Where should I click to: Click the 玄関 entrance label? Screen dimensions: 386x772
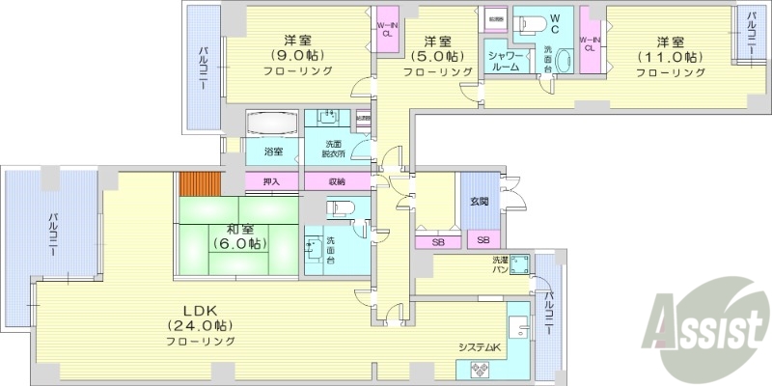tap(480, 202)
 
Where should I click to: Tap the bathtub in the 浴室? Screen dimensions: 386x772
tap(273, 124)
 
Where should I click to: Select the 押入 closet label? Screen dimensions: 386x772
tap(271, 181)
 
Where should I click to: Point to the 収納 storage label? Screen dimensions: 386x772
tap(336, 181)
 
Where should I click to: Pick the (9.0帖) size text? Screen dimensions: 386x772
tap(297, 56)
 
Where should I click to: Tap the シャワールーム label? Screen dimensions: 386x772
tap(505, 62)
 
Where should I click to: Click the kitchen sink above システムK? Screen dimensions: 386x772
tap(517, 326)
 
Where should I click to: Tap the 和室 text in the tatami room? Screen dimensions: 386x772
tap(240, 229)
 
